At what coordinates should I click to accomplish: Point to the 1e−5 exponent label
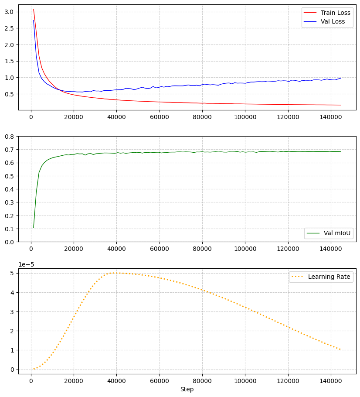point(26,265)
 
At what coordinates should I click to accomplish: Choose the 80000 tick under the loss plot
point(202,117)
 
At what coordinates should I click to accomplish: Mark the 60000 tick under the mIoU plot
point(159,249)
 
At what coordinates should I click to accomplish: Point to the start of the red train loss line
point(34,9)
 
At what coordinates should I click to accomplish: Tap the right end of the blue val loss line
point(340,78)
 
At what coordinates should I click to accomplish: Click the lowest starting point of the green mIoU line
point(34,227)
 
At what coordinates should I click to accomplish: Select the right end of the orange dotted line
point(340,350)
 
